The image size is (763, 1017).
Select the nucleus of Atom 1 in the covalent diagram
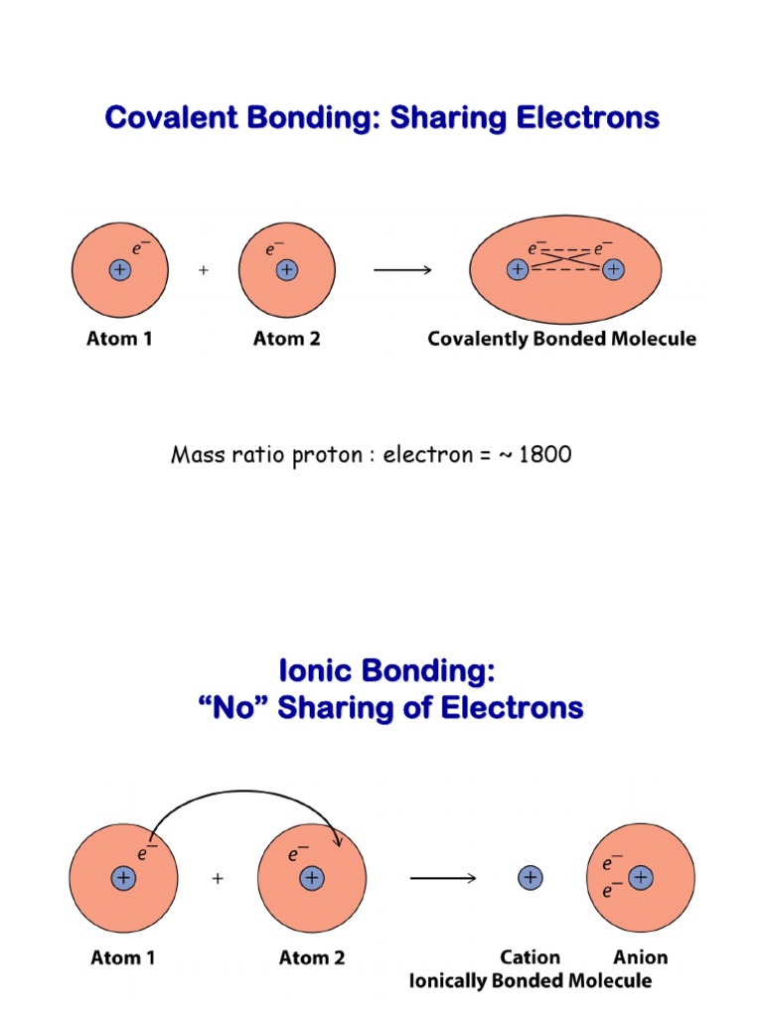coord(119,270)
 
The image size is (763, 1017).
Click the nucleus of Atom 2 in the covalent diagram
coord(287,270)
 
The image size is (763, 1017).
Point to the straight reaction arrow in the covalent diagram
coord(401,270)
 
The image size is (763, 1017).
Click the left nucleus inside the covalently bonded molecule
coord(518,269)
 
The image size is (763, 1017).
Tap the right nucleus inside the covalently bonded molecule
coord(614,269)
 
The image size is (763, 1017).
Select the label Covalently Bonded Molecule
coord(561,340)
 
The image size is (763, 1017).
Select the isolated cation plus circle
coord(530,878)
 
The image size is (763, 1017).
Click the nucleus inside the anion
coord(642,878)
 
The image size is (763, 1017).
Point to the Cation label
coord(530,957)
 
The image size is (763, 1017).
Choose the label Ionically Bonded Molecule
coord(531,981)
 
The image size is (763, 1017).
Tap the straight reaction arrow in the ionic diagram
coord(443,878)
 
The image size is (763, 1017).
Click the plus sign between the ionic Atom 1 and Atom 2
coord(217,879)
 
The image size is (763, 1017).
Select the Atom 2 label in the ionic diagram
coord(311,958)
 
